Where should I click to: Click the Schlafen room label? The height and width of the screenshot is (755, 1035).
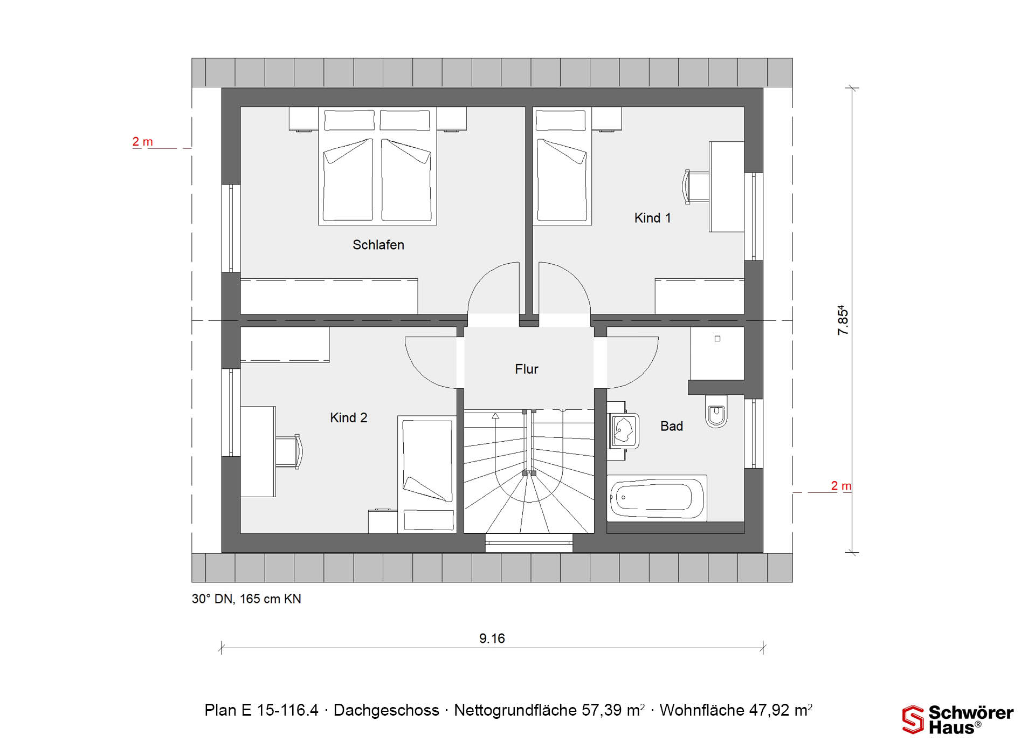378,245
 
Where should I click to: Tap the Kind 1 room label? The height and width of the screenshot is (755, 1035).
652,218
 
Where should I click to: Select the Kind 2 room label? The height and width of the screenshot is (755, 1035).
349,417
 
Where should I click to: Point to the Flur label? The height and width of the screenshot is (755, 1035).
527,369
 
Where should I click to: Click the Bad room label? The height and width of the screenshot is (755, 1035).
672,426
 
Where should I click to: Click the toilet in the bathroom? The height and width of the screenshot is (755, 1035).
716,411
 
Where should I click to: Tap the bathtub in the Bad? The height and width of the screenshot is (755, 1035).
657,498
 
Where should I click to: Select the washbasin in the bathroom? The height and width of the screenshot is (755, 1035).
624,431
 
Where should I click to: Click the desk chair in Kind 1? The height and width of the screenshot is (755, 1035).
696,187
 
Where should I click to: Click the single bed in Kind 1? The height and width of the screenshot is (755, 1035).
562,166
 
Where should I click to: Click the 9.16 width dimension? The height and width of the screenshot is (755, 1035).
492,639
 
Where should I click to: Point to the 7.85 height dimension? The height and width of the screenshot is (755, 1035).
843,320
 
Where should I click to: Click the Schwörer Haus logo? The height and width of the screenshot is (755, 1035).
958,719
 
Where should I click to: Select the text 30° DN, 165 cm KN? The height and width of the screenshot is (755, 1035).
246,599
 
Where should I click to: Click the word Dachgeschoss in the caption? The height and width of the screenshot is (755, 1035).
387,710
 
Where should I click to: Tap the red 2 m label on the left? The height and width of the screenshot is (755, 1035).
143,142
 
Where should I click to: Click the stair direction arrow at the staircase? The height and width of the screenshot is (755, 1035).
495,416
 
